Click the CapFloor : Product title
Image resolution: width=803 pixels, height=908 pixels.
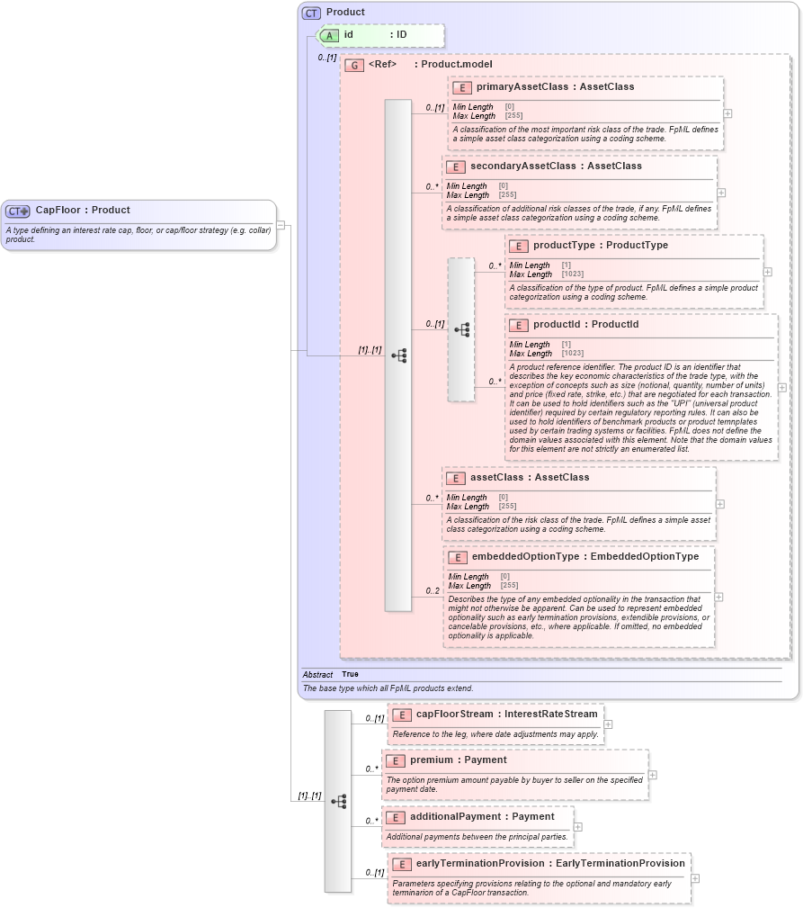[x=82, y=210]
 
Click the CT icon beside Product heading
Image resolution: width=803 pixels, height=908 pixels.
[x=311, y=13]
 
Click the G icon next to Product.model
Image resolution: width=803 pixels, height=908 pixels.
[x=355, y=65]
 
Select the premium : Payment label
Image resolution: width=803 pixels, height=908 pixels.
[x=458, y=760]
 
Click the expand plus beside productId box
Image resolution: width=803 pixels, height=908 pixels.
[x=781, y=388]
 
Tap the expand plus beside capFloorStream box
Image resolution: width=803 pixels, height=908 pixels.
[x=608, y=724]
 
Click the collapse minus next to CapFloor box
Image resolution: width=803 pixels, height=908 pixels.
[x=281, y=225]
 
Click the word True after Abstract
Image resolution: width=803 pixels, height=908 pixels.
[x=350, y=674]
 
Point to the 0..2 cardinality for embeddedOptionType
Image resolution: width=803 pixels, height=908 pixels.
[x=433, y=591]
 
